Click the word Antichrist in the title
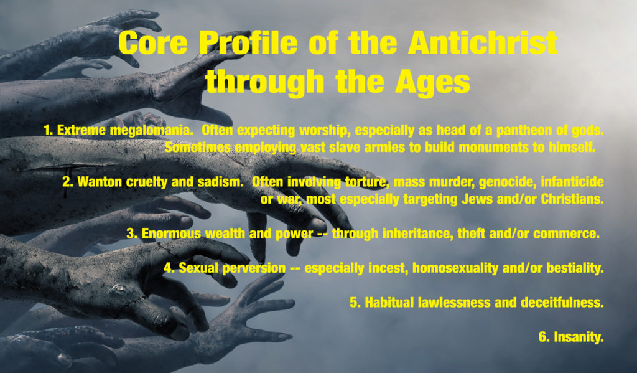(x=483, y=43)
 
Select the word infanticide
(x=572, y=182)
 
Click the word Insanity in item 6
(x=579, y=338)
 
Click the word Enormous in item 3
(x=171, y=234)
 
